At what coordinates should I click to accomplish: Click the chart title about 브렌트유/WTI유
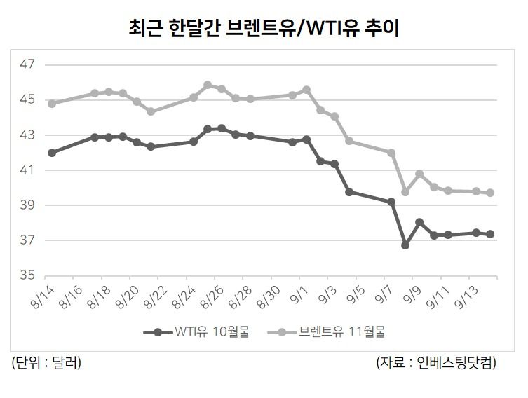click(x=264, y=28)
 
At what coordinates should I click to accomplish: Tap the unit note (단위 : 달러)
click(x=46, y=363)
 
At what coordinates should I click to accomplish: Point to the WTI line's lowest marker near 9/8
click(x=405, y=245)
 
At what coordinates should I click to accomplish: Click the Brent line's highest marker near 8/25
click(x=208, y=85)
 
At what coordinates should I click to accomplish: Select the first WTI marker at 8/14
click(x=52, y=152)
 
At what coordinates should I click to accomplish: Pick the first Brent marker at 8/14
click(x=52, y=103)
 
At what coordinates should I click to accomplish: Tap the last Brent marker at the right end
click(x=490, y=193)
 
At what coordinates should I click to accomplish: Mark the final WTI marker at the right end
click(x=490, y=234)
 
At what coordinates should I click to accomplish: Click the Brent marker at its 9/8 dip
click(x=405, y=191)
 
